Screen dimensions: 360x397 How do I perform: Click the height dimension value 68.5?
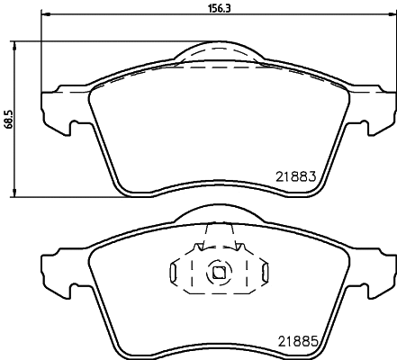(8, 119)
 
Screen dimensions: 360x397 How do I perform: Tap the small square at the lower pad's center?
(217, 270)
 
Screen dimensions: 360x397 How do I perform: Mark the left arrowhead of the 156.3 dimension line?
(46, 17)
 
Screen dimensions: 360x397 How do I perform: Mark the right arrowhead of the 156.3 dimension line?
(388, 17)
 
